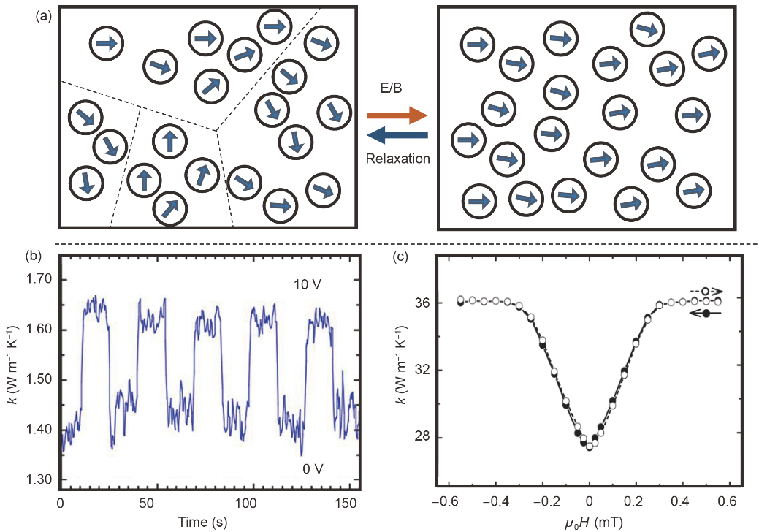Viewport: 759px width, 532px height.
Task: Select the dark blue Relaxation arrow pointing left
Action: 396,135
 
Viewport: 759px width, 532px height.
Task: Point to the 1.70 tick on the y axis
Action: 39,280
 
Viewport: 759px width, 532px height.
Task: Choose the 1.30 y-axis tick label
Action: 39,479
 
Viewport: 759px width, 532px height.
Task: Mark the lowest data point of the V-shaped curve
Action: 590,446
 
